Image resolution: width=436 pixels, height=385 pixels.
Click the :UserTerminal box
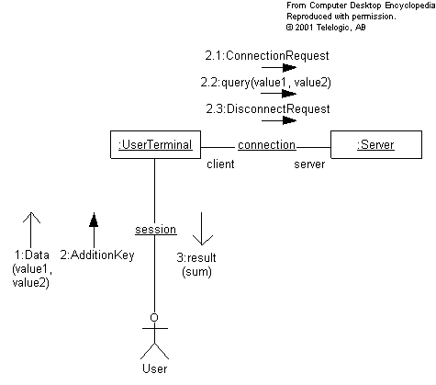[x=155, y=145]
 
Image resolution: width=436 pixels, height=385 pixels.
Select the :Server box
[x=376, y=145]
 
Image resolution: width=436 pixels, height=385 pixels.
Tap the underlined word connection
[x=266, y=145]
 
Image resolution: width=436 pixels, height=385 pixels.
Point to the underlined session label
[x=156, y=230]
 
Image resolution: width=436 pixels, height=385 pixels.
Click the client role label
[x=220, y=164]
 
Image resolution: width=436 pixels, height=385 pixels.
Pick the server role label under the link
[x=309, y=164]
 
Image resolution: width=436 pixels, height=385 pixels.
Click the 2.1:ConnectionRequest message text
[x=267, y=56]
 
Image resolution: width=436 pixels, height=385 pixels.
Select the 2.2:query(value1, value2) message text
[x=265, y=83]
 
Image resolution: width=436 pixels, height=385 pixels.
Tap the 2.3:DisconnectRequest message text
[x=268, y=108]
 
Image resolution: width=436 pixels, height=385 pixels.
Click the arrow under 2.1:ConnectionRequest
[x=279, y=67]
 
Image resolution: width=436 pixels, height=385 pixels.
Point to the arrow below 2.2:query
[x=279, y=94]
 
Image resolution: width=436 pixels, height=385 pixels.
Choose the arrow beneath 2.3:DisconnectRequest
[x=279, y=120]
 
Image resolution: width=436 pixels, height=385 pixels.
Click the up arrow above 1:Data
[x=31, y=230]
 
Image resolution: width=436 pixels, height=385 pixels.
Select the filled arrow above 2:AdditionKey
[x=94, y=230]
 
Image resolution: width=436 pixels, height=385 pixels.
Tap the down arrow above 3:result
[x=202, y=229]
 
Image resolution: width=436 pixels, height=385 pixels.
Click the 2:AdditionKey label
[x=97, y=255]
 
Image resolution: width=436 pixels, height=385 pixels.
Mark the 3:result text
[x=196, y=257]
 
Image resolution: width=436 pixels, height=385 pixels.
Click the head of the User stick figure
[x=154, y=317]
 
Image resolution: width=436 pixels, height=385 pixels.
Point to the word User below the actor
[x=155, y=368]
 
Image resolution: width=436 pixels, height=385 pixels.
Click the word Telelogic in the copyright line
[x=333, y=28]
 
